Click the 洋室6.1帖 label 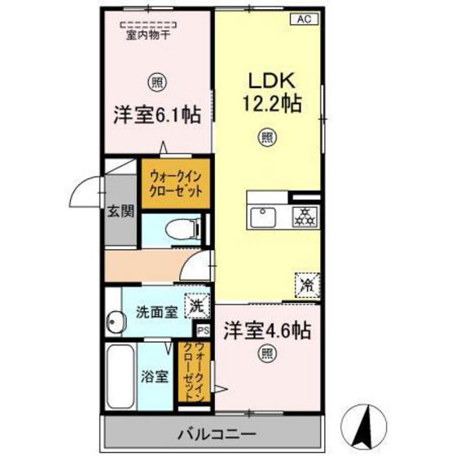(157, 114)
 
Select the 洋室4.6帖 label (266, 331)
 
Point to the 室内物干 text (147, 34)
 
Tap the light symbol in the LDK (266, 138)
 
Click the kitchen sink (263, 217)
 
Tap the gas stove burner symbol (303, 217)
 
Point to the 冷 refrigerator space (307, 285)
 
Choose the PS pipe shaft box (203, 331)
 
